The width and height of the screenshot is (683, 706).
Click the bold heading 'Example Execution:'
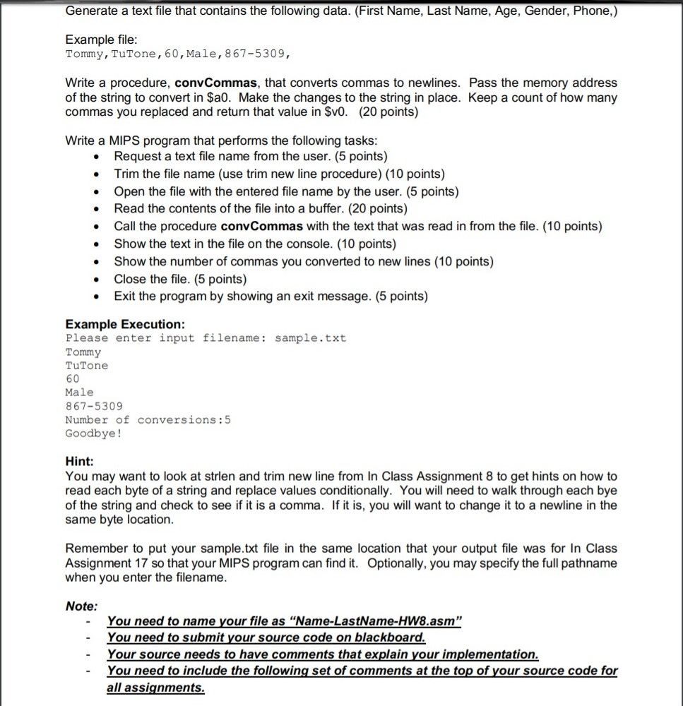point(125,324)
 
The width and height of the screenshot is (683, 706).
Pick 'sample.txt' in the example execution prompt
point(310,338)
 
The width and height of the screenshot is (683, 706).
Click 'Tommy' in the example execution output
point(83,352)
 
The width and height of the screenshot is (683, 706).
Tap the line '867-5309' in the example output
point(93,406)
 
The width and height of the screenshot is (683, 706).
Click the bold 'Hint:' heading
point(79,461)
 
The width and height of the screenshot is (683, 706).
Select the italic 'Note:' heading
point(81,606)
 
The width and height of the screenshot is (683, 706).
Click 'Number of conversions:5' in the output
point(148,419)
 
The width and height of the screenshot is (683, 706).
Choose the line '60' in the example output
point(72,378)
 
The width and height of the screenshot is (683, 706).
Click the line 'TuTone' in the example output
point(87,365)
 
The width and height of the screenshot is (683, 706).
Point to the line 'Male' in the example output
point(79,392)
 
